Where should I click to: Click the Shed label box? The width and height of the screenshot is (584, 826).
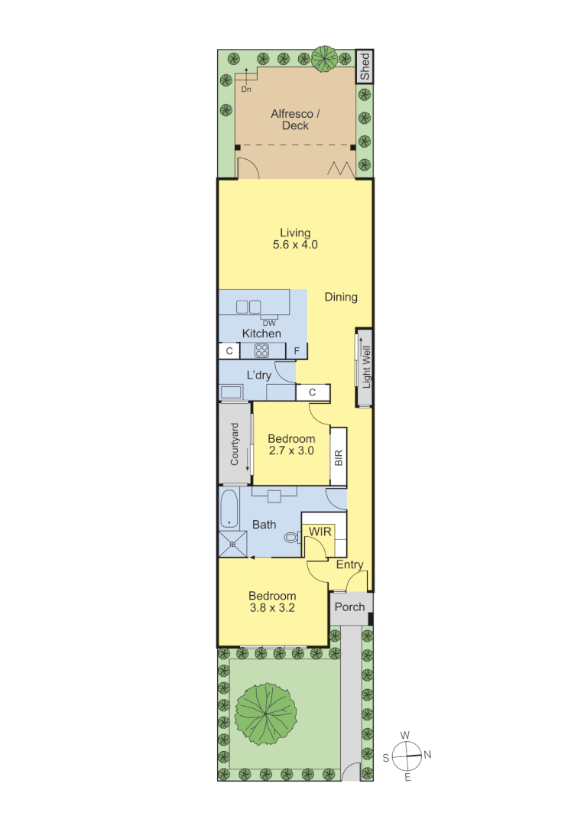point(365,67)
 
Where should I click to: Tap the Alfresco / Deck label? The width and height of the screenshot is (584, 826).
point(296,119)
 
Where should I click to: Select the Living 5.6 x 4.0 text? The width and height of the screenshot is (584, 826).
point(295,239)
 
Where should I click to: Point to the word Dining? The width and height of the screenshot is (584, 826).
point(340,297)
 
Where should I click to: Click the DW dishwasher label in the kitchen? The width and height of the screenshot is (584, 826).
point(268,323)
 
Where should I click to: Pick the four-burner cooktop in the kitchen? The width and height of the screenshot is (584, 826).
point(262,351)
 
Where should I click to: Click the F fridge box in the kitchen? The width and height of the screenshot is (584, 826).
point(297,352)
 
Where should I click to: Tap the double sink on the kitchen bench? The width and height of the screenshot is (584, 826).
point(248,307)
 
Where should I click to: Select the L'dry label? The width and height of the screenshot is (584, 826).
point(258,375)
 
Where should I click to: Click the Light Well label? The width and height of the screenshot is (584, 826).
point(365,368)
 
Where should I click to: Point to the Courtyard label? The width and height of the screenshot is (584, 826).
point(235,444)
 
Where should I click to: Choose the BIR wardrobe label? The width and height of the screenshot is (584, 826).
point(339,457)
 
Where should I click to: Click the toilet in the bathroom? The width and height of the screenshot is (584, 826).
point(291,538)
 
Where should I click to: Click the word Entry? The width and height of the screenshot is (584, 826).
point(349,565)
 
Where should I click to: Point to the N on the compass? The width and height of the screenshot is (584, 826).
point(427,755)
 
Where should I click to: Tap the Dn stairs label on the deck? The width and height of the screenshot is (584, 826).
point(246,89)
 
